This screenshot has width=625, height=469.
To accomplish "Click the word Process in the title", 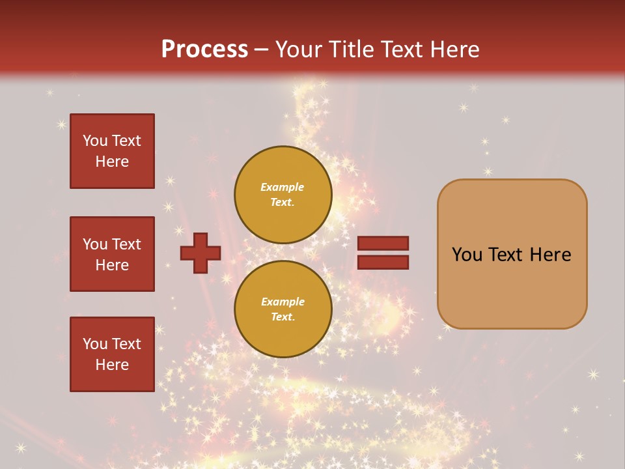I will pos(204,50).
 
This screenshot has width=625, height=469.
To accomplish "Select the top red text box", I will pos(112,151).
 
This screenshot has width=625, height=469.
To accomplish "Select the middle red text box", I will pos(112,254).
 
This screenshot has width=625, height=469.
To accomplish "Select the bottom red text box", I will pos(112,354).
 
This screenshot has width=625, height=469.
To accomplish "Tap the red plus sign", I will pos(200,253).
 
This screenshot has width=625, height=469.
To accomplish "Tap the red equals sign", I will pos(383,253).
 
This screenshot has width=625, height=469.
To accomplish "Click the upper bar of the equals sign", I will pos(383,244).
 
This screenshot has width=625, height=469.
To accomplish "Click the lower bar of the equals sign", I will pos(383,262).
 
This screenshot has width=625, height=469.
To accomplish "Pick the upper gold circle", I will pos(283,194).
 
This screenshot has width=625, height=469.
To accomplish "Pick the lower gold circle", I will pos(283,309).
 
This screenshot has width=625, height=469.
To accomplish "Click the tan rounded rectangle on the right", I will pos(512,254).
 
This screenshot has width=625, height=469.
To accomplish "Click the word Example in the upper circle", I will pos(283,187).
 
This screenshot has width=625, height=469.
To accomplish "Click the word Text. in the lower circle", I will pos(283,317).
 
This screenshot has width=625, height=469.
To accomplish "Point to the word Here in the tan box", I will pos(550,255).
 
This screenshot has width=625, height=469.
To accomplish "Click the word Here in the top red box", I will pos(112,162).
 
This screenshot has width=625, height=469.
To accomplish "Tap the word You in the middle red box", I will pos(95,244).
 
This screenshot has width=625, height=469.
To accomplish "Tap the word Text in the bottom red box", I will pos(126,344).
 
